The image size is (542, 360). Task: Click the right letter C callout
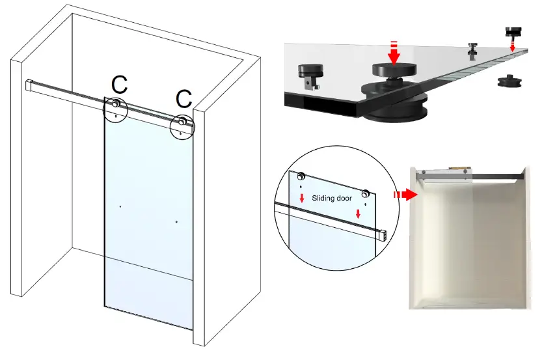pos(184,99)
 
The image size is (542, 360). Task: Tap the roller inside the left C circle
pos(115,104)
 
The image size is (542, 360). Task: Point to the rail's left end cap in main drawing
pos(29,85)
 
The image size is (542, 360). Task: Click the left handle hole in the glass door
pos(121,206)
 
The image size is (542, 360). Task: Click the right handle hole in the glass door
pos(176,222)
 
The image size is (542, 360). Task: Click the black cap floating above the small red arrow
pos(514,31)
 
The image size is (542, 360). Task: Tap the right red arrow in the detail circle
pos(358,214)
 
